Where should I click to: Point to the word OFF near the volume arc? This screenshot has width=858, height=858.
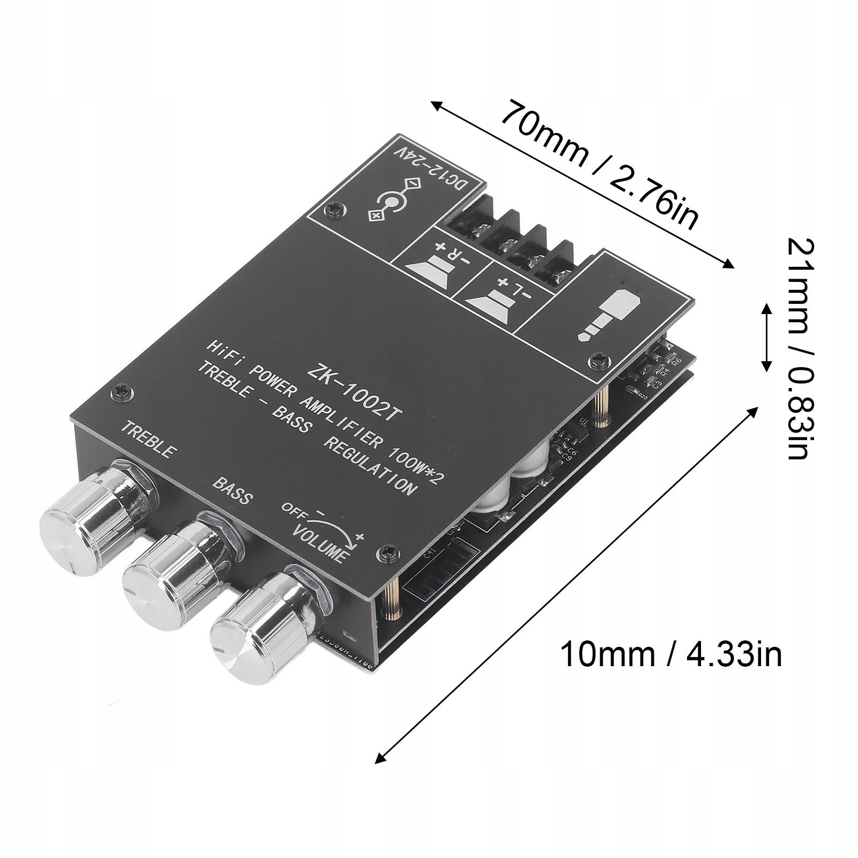293,509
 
